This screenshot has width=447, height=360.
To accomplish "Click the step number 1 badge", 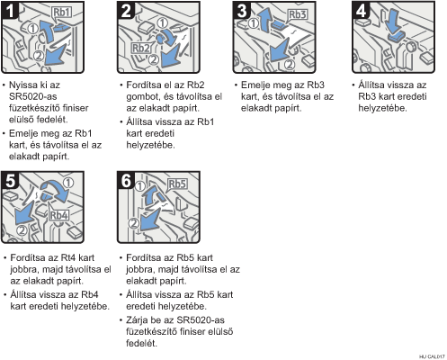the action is pos(10,11).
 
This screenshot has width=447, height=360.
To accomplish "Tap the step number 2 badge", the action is pos(126,11).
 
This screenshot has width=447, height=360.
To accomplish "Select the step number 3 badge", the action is pos(242,11).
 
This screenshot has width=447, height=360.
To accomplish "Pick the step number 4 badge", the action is pos(362,11).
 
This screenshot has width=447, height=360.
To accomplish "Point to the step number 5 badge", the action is pos(10,181).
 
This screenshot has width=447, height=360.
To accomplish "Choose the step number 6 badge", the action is pos(126,181).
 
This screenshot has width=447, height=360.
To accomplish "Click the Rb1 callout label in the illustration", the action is pos(61,13).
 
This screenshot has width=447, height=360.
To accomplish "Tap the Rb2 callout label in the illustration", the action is pos(141,48).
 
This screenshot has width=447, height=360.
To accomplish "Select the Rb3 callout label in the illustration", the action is pos(297,14).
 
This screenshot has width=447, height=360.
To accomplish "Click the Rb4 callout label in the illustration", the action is pos(59,215).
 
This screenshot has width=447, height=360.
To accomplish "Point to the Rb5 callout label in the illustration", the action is pos(177,184).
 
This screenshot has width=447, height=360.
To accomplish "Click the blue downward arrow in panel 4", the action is pos(393,22).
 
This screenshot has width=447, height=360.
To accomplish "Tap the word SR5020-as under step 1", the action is pos(33,96).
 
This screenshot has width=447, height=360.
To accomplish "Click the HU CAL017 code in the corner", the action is pos(432,356).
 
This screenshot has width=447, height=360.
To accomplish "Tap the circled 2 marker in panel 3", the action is pos(290,65).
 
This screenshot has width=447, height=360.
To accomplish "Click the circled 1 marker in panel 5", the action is pos(68,183).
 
